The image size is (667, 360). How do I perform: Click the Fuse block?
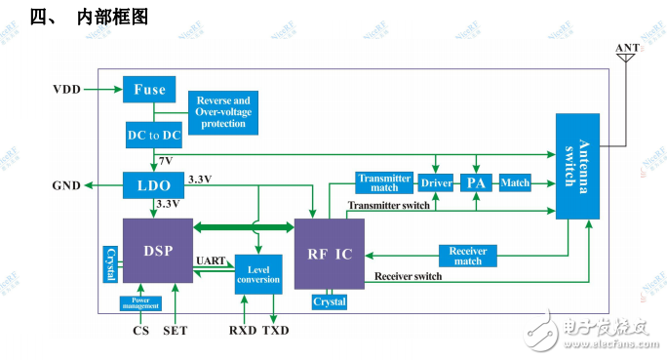click(149, 90)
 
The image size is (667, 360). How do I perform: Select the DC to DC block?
click(153, 135)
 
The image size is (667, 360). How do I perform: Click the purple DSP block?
click(157, 250)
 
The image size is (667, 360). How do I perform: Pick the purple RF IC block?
click(330, 254)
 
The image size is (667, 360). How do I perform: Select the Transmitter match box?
click(384, 182)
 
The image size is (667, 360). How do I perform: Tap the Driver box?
click(437, 182)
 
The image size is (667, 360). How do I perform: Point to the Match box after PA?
click(514, 182)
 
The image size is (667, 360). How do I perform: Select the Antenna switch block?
click(577, 166)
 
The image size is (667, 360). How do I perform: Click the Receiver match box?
click(466, 256)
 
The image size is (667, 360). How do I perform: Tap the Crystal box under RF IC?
click(330, 301)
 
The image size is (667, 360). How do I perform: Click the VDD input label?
click(68, 90)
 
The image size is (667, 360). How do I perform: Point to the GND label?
click(67, 183)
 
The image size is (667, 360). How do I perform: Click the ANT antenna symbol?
click(625, 57)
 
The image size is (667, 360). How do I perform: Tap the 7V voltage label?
click(166, 160)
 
